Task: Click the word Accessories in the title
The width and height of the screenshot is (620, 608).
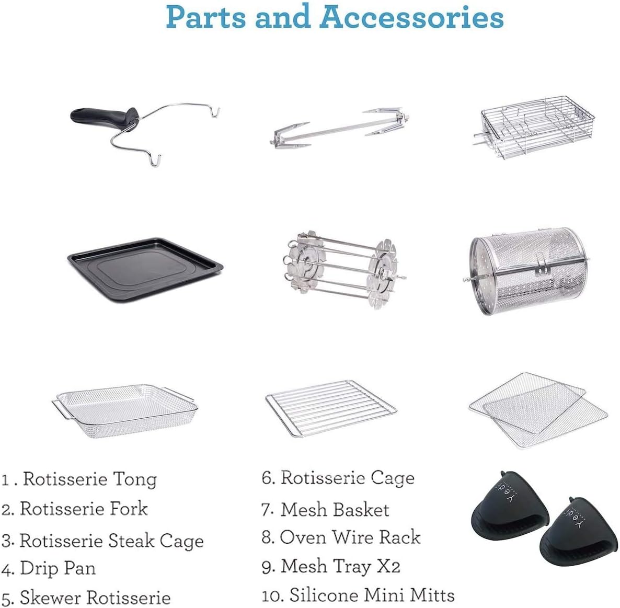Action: (411, 17)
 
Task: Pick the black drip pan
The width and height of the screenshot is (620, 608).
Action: (145, 268)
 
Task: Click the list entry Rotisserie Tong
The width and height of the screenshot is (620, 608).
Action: (89, 479)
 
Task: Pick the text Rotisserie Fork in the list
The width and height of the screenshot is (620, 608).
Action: (84, 509)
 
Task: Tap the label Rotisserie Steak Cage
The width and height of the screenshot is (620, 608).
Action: (111, 541)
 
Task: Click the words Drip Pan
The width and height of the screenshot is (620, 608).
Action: (58, 568)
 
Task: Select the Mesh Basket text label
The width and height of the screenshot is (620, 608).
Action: (335, 509)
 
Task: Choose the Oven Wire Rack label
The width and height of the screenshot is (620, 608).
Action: (350, 537)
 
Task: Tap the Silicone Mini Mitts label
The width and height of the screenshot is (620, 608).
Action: (372, 595)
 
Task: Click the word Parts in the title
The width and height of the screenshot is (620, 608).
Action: (206, 17)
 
